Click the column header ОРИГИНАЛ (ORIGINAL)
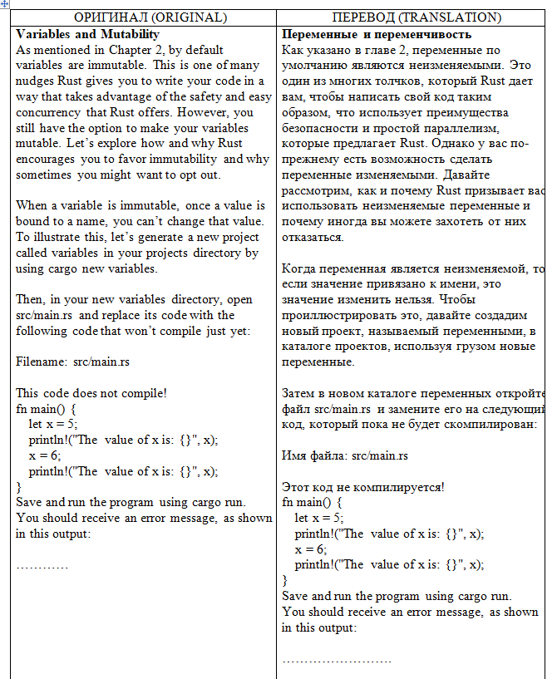coord(150,17)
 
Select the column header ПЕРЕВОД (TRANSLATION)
coord(417,17)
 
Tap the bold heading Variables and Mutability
coord(87,34)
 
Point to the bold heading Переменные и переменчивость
coord(377,34)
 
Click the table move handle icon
coord(5,5)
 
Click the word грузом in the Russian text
coord(462,347)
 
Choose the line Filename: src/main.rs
coord(72,362)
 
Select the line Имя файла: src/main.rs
coord(345,455)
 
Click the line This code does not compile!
coord(91,393)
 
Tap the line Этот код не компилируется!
coord(363,487)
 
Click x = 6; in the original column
coord(45,455)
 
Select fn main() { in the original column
coord(47,409)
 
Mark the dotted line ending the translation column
coord(337,659)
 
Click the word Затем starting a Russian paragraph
coord(300,393)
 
